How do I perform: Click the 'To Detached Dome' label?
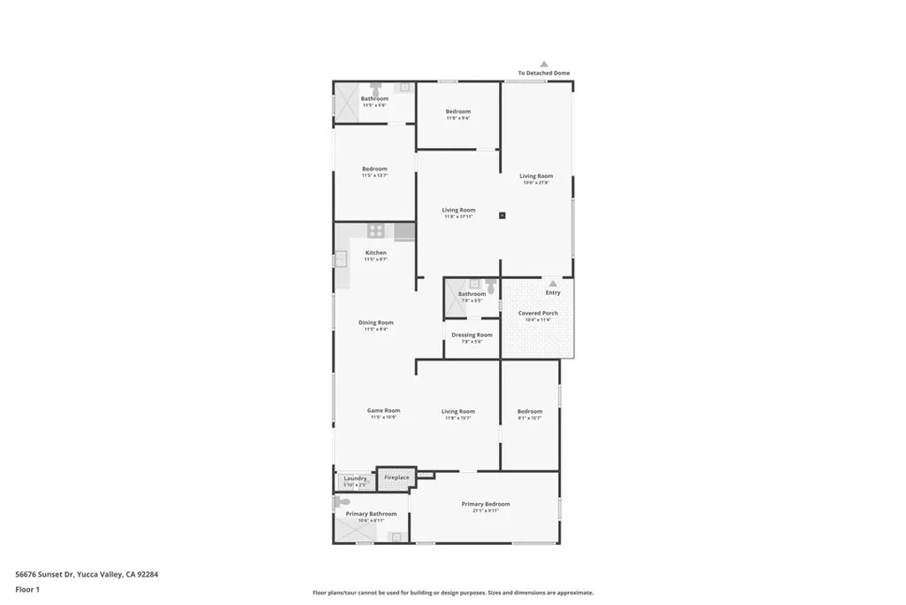[x=543, y=73]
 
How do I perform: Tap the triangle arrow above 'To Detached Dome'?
[x=544, y=64]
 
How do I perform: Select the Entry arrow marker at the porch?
[x=553, y=283]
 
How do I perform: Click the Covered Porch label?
[x=538, y=314]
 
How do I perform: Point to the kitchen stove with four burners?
[x=376, y=231]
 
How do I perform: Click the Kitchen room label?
[x=376, y=252]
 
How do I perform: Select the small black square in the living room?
[x=502, y=214]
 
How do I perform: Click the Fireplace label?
[x=396, y=477]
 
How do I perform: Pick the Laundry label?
[x=355, y=479]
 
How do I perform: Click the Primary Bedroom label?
[x=485, y=504]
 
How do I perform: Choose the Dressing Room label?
[x=472, y=335]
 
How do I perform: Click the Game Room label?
[x=384, y=410]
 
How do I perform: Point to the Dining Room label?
[x=376, y=322]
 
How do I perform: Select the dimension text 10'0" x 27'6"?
[x=535, y=182]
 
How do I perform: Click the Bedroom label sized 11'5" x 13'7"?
[x=374, y=168]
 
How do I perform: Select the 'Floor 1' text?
[x=27, y=589]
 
